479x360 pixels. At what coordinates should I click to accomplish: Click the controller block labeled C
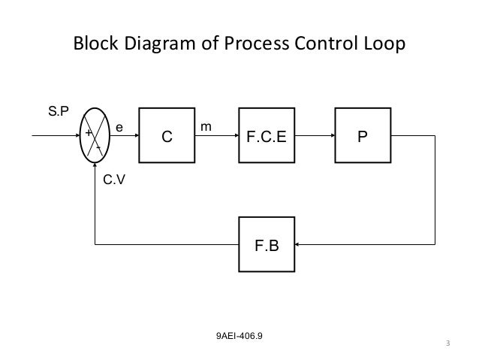tap(167, 138)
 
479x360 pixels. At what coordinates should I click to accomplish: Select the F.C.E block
tap(267, 138)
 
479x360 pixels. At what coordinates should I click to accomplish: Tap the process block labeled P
tap(363, 138)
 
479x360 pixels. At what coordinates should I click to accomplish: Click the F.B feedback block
tap(267, 244)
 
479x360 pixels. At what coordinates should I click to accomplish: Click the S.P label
tap(58, 111)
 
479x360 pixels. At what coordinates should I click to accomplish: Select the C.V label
tap(113, 180)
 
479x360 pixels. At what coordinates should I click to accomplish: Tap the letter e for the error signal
tap(119, 129)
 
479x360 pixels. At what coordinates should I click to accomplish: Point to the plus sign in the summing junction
tap(87, 132)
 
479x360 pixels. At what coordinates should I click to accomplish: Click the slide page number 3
tap(448, 345)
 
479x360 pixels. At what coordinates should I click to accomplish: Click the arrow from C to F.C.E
tap(216, 138)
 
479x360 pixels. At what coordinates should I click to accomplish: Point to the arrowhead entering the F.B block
tap(300, 244)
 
